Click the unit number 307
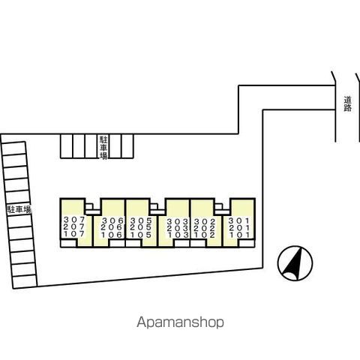74,220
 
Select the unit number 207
74,227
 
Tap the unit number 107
74,234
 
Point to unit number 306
112,220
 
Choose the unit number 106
112,235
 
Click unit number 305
141,220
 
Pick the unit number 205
141,228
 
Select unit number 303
178,221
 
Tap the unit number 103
178,235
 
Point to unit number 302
205,221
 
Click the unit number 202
205,228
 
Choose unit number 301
239,220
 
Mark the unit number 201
239,228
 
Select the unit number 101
239,235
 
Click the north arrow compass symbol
295,263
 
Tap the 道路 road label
347,104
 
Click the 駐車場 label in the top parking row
103,147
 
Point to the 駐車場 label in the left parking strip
19,209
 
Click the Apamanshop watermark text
180,322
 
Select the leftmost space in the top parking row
67,146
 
